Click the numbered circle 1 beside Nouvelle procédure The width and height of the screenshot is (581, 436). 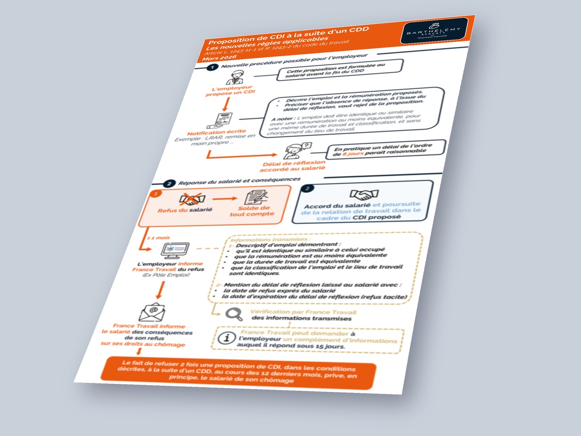(x=211, y=67)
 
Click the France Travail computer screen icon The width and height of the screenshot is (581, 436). (x=175, y=251)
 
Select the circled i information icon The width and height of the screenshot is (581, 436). (x=225, y=338)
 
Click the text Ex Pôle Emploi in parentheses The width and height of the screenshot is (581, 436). (x=166, y=275)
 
